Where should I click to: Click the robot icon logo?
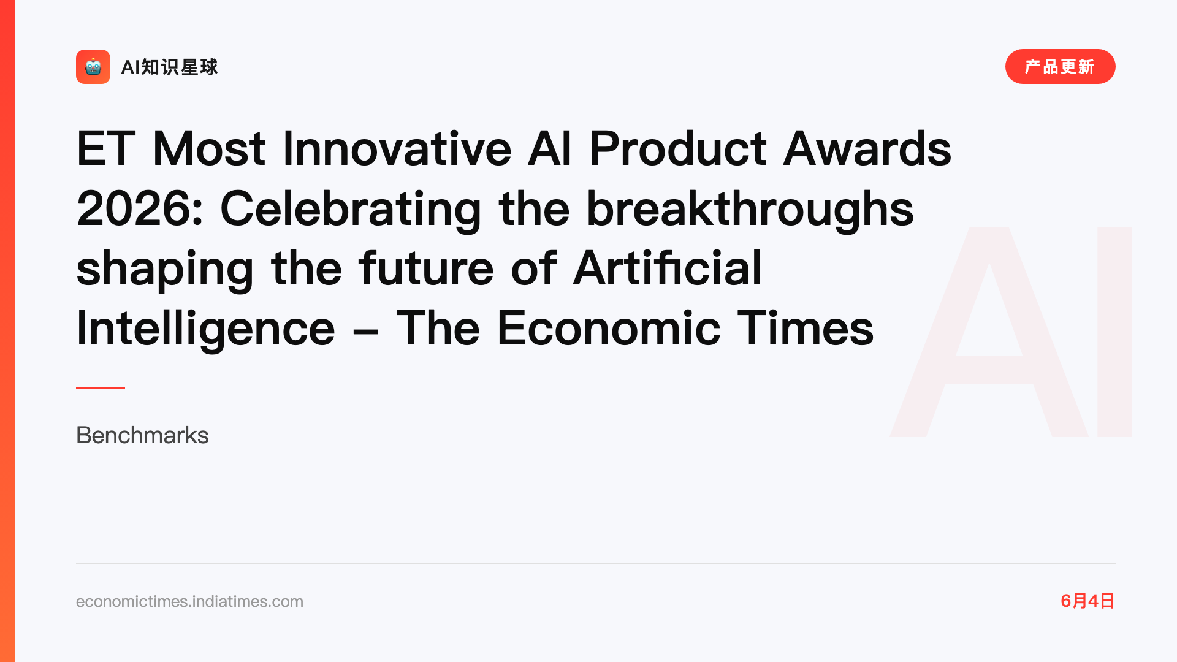[93, 67]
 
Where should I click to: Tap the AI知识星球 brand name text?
[170, 67]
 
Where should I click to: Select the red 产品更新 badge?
[1060, 67]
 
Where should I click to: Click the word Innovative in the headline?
[397, 148]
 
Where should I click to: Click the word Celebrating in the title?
[351, 210]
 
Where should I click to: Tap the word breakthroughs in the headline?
[750, 210]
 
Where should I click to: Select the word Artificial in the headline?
[668, 268]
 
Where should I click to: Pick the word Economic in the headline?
[608, 329]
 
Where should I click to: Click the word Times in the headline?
[806, 329]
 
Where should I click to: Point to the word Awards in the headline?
[867, 148]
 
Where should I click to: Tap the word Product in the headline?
[677, 148]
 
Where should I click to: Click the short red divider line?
[101, 387]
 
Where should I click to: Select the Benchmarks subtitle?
[142, 435]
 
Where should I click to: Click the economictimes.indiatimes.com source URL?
[189, 601]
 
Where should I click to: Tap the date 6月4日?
[1087, 601]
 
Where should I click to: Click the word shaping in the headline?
[165, 270]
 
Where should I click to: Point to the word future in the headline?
[426, 268]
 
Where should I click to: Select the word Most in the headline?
[209, 148]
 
